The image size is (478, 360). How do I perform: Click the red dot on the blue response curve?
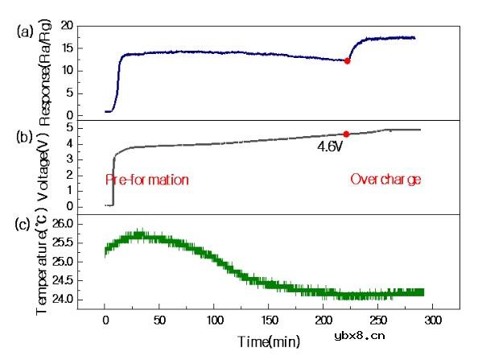[347, 60]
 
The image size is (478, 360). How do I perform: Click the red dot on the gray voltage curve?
[346, 134]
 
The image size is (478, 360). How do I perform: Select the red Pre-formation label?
[147, 180]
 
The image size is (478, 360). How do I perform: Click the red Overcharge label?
[385, 180]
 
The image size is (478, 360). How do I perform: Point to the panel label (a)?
[24, 33]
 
